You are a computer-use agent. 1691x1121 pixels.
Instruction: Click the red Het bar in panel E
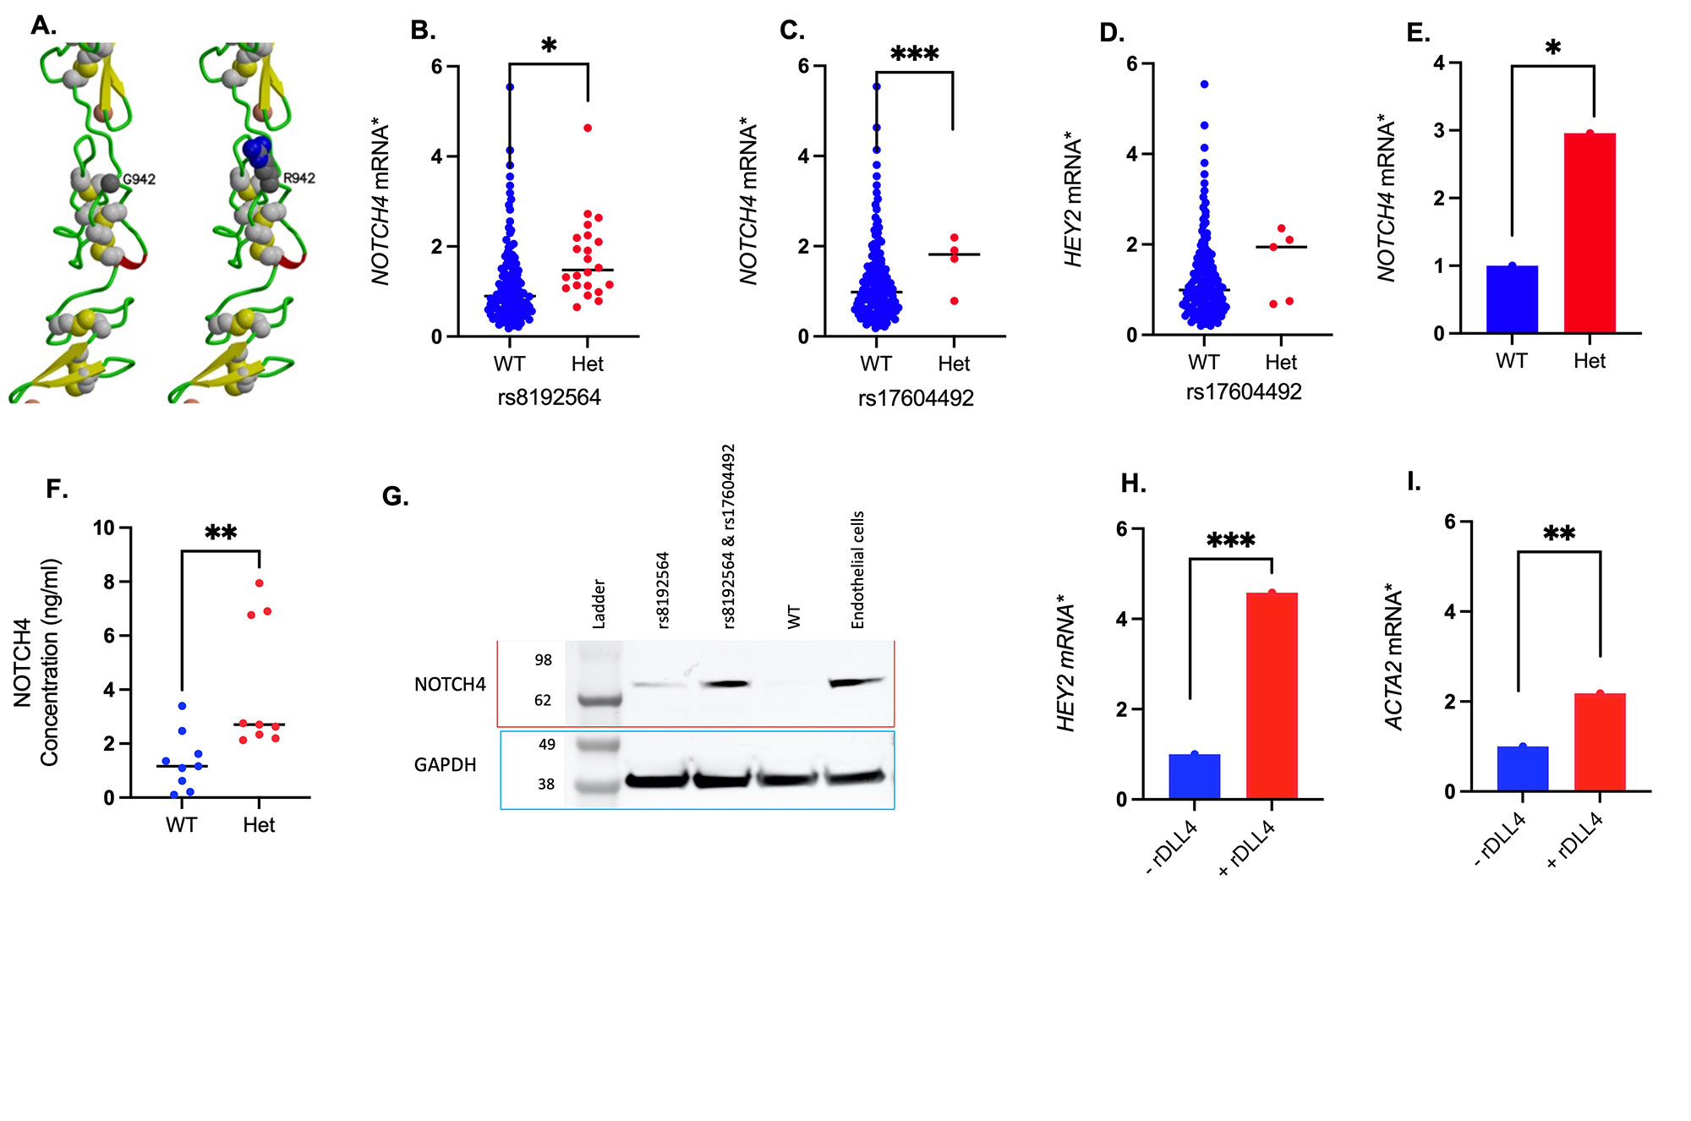click(x=1590, y=232)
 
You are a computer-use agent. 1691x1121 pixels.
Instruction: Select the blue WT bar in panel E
click(x=1512, y=299)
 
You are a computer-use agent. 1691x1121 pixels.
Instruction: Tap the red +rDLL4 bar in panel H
click(x=1272, y=695)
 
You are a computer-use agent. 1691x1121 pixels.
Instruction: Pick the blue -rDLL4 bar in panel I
click(x=1522, y=768)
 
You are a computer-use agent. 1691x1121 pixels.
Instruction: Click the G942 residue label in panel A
click(x=140, y=179)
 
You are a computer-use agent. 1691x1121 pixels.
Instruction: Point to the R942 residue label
click(x=299, y=178)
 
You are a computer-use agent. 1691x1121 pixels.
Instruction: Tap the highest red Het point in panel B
click(x=588, y=129)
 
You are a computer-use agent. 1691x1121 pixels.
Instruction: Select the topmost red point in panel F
click(x=260, y=583)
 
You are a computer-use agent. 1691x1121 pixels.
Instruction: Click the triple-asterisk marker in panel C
click(x=915, y=55)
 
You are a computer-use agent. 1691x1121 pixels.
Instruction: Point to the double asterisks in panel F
click(x=221, y=533)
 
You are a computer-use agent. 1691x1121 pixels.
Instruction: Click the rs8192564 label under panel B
click(x=549, y=397)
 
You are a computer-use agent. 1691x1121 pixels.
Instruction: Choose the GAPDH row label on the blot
click(x=445, y=765)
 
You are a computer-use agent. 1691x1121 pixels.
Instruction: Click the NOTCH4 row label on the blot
click(x=450, y=685)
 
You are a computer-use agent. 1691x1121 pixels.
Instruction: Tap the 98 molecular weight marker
click(x=543, y=660)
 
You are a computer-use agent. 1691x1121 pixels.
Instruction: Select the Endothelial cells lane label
click(x=857, y=570)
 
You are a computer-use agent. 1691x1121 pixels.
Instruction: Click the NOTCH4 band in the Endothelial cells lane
click(x=856, y=681)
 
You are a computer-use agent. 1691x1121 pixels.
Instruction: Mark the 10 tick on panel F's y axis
click(x=104, y=528)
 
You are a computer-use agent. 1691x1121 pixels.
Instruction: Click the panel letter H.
click(x=1133, y=484)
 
